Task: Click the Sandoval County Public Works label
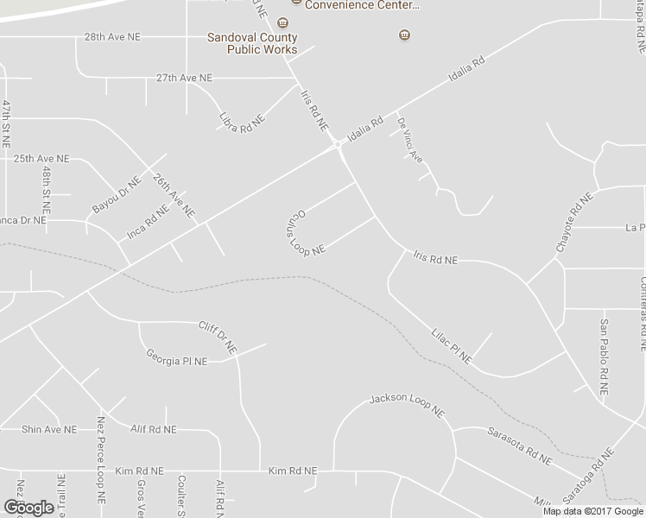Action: (x=251, y=43)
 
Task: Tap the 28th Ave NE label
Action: (x=112, y=37)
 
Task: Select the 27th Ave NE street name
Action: (x=184, y=78)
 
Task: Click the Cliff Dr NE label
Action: (x=217, y=336)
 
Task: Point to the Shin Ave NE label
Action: (x=49, y=429)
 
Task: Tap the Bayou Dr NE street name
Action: (x=116, y=198)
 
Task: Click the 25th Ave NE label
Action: (x=41, y=160)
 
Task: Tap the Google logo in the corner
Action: (x=28, y=507)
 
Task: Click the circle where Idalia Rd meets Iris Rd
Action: (x=338, y=146)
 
